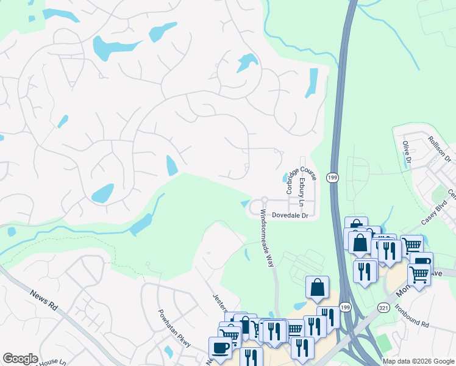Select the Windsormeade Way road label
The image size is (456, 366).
click(x=268, y=239)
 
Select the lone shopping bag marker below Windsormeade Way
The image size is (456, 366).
click(x=318, y=288)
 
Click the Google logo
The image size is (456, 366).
click(x=20, y=359)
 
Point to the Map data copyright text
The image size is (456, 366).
click(x=418, y=361)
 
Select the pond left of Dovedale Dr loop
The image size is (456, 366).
click(x=244, y=203)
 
